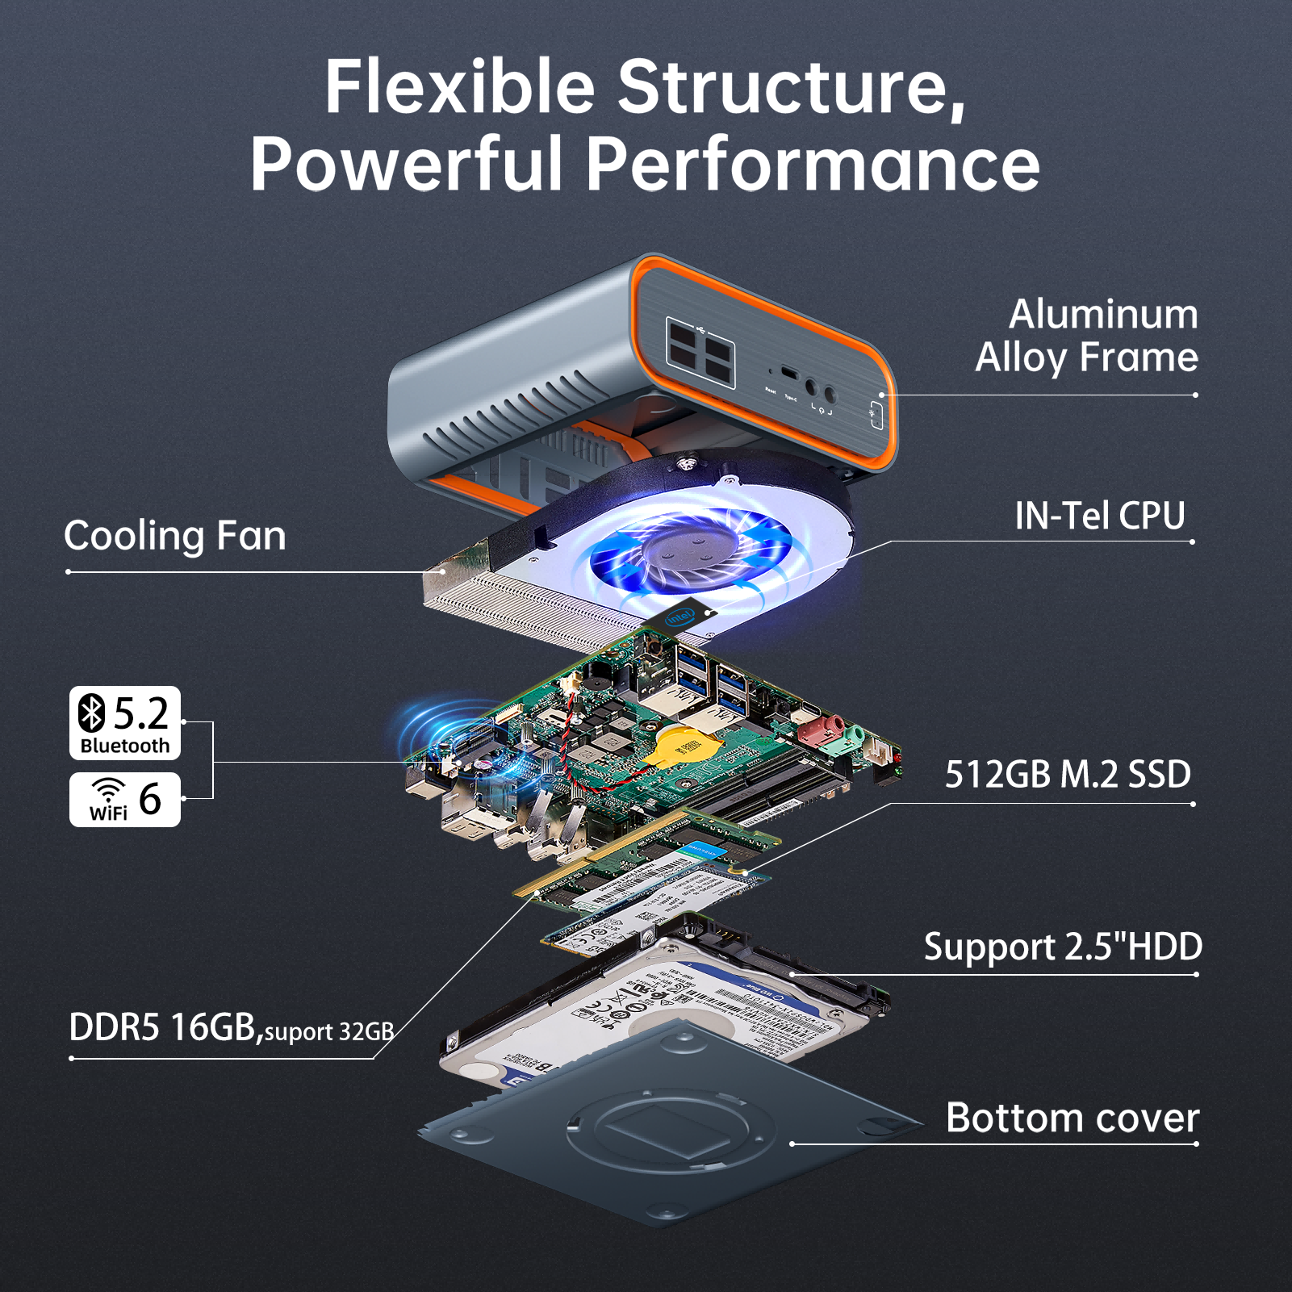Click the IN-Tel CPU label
coord(1099,516)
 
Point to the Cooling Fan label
coord(175,537)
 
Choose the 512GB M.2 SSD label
coord(1068,775)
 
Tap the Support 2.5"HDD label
coord(1063,947)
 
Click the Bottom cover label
coord(1072,1118)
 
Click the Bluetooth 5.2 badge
coord(125,723)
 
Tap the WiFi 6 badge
coord(125,800)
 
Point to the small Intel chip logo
coord(679,618)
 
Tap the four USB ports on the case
coord(699,352)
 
